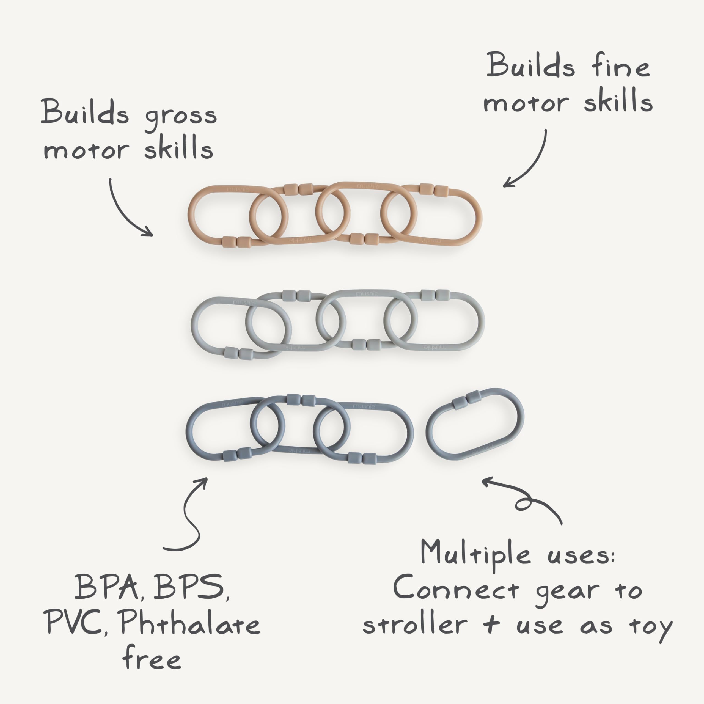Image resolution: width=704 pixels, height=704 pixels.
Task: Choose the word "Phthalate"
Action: tap(190, 623)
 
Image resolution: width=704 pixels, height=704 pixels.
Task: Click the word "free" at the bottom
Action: tap(152, 658)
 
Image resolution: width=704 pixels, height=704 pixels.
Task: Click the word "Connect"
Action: tap(455, 590)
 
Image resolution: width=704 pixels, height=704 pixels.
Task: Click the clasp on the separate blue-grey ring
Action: tap(467, 400)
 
